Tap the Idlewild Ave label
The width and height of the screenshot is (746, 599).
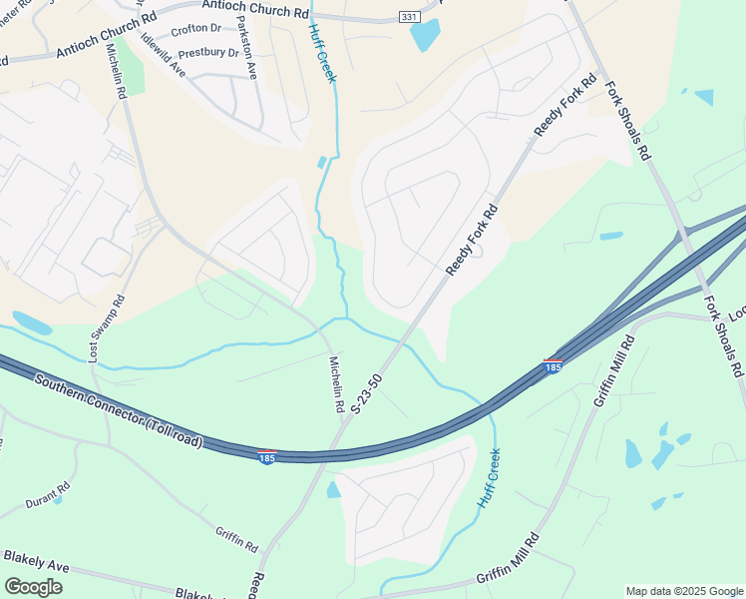tap(164, 57)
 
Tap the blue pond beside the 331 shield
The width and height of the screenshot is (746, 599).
tap(424, 35)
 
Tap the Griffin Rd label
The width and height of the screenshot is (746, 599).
tap(237, 539)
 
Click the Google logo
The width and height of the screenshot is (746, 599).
tap(33, 587)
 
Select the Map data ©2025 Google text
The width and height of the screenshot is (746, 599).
tap(683, 591)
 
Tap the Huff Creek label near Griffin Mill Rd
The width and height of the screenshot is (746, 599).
tap(489, 477)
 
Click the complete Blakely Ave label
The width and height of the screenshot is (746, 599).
tap(36, 561)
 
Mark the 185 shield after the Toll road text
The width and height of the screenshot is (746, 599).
tap(267, 457)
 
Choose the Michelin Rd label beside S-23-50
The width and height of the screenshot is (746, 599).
tap(336, 384)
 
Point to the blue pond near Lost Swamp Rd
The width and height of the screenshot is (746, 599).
tap(32, 323)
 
